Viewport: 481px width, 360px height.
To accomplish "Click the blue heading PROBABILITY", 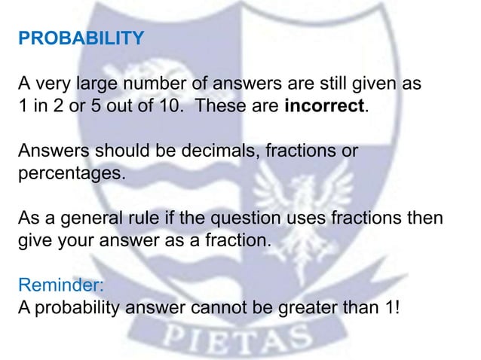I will (79, 37).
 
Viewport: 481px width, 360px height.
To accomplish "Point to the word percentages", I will (67, 172).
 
